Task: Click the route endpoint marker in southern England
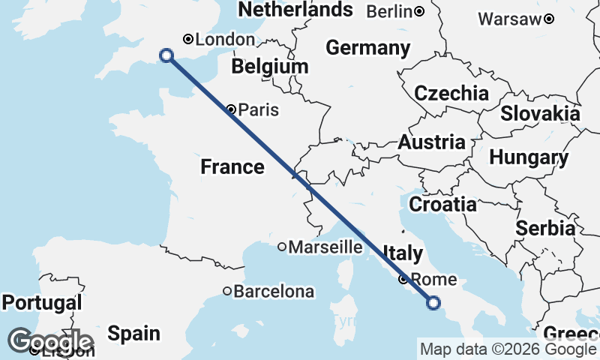pyautogui.click(x=166, y=55)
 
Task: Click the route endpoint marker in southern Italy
pyautogui.click(x=433, y=303)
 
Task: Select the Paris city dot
pyautogui.click(x=232, y=109)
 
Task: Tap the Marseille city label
pyautogui.click(x=326, y=247)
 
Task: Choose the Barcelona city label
pyautogui.click(x=274, y=291)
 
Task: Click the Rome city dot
pyautogui.click(x=403, y=280)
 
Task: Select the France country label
pyautogui.click(x=232, y=167)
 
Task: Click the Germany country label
pyautogui.click(x=368, y=49)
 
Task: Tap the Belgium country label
pyautogui.click(x=270, y=67)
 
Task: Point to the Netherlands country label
pyautogui.click(x=295, y=10)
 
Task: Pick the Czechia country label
pyautogui.click(x=451, y=94)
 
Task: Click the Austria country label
pyautogui.click(x=431, y=142)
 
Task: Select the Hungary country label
pyautogui.click(x=529, y=157)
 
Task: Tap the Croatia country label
pyautogui.click(x=442, y=204)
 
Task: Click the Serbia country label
pyautogui.click(x=546, y=228)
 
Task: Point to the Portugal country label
pyautogui.click(x=41, y=303)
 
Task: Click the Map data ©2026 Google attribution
pyautogui.click(x=508, y=349)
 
